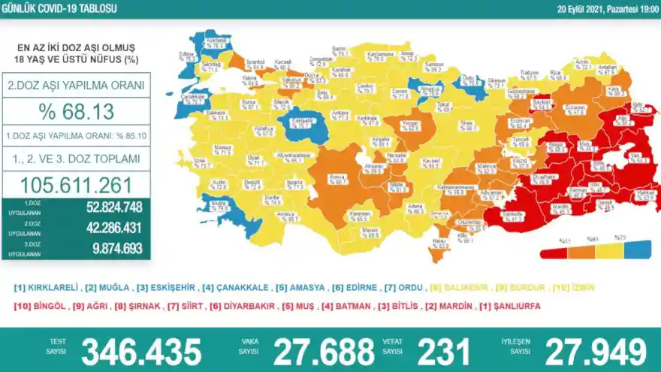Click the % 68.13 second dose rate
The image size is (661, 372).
(x=78, y=113)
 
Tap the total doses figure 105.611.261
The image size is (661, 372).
(x=78, y=185)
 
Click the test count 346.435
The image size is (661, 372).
(x=141, y=352)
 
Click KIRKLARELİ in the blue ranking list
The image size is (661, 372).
(x=48, y=288)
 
